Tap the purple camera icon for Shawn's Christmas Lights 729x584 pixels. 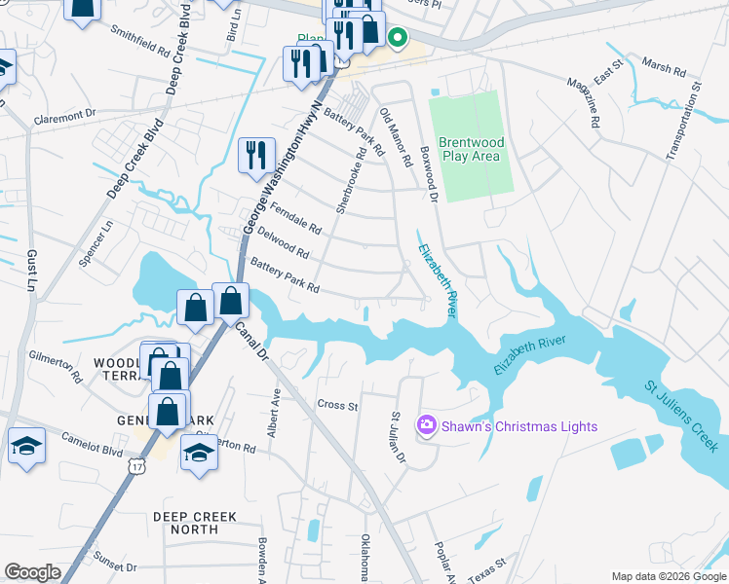coord(425,425)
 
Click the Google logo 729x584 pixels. coord(32,571)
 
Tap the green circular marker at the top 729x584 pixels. coord(397,38)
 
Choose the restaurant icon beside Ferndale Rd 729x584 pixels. coord(256,156)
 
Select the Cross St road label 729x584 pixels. coord(338,404)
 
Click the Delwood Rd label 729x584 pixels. coord(282,244)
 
